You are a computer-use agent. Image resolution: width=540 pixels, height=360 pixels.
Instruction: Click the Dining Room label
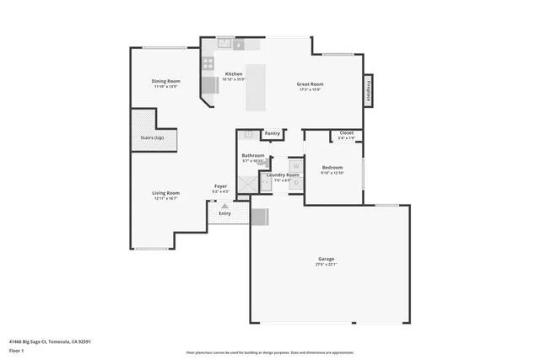[x=166, y=81]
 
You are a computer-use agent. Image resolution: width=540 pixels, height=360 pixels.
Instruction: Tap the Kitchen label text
[x=234, y=74]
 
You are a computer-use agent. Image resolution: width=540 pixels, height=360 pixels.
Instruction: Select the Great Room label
[x=310, y=83]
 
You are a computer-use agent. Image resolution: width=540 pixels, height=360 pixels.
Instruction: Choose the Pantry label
[x=272, y=133]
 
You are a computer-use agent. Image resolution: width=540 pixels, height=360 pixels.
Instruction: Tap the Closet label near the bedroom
[x=347, y=133]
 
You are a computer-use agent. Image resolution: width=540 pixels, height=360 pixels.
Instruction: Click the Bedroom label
[x=332, y=167]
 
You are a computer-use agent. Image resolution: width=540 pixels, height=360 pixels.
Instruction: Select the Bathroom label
[x=253, y=155]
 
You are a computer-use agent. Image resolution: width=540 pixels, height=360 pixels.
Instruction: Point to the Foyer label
[x=220, y=185]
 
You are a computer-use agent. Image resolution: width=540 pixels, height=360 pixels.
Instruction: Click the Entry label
[x=224, y=213]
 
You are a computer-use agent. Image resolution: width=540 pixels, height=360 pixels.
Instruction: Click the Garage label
[x=327, y=258]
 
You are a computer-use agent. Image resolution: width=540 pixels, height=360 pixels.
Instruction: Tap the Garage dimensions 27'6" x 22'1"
[x=327, y=264]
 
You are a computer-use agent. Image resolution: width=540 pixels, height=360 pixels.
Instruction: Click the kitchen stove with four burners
[x=208, y=62]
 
